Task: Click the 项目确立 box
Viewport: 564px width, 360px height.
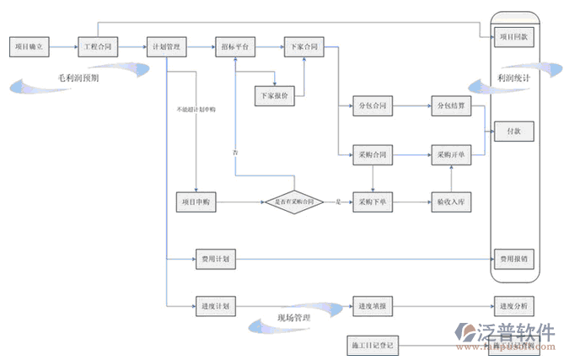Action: [x=31, y=46]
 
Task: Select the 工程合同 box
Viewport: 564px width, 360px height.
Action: [x=99, y=46]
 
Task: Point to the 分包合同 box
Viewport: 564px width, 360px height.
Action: [x=372, y=106]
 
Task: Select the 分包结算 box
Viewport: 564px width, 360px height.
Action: [x=453, y=106]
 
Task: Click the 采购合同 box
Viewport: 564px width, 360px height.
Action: [x=372, y=155]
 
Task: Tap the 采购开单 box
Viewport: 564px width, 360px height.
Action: [x=453, y=155]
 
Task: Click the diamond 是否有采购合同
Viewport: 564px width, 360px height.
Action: [x=294, y=202]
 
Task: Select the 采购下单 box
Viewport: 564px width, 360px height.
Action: [x=372, y=202]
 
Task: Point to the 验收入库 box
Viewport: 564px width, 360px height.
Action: [x=453, y=202]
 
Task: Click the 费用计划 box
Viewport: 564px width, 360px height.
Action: [x=212, y=259]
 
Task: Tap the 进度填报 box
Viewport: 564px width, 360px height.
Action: [x=372, y=305]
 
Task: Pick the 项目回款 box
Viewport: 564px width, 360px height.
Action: [x=513, y=37]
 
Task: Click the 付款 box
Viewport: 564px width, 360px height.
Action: [x=513, y=132]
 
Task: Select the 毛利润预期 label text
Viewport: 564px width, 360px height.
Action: [x=78, y=77]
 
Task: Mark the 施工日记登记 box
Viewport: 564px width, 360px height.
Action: [x=372, y=346]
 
